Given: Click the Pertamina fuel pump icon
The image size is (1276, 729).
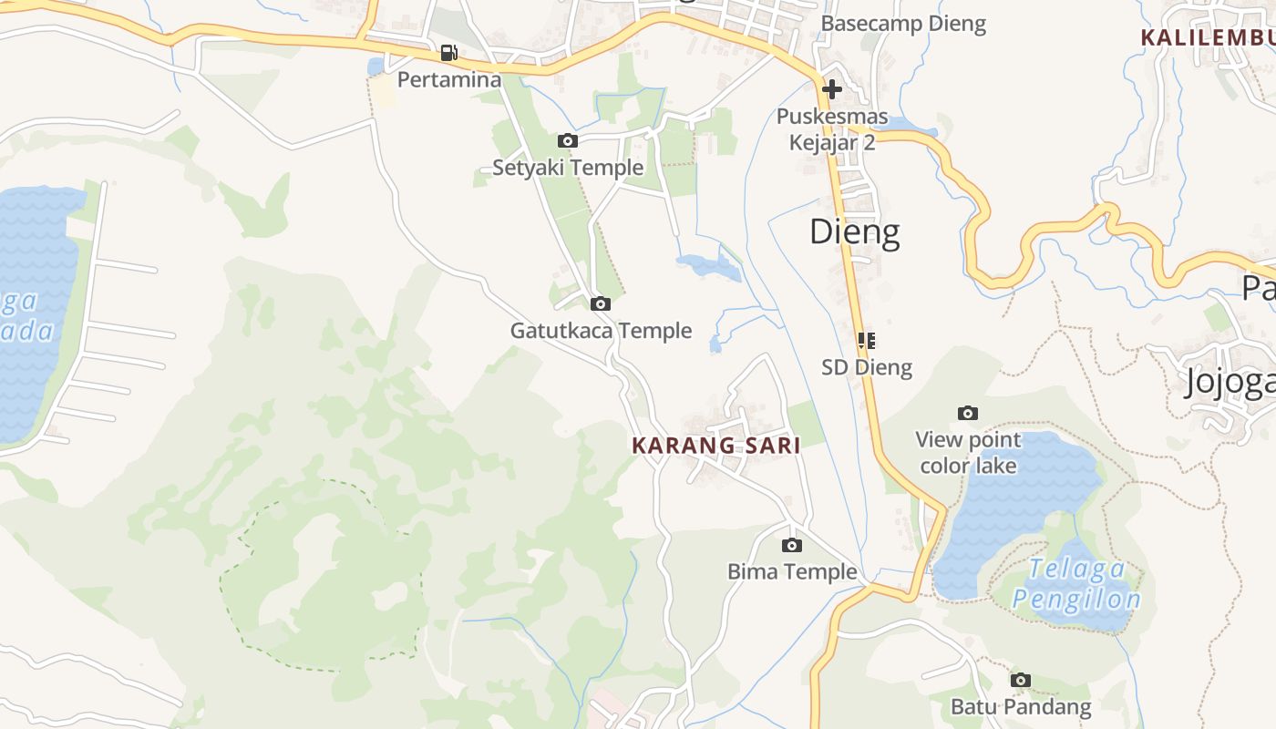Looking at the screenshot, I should [x=448, y=53].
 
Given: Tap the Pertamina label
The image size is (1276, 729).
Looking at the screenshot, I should [x=449, y=80].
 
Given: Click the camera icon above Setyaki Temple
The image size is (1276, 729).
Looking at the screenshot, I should [x=568, y=140].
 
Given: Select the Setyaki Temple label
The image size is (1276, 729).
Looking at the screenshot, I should [x=568, y=168].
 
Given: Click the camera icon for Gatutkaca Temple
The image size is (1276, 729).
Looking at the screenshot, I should [x=601, y=303].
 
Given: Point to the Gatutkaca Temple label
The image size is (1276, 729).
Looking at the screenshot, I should [x=601, y=331].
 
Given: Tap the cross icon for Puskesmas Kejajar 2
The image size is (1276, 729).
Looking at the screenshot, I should [x=831, y=89].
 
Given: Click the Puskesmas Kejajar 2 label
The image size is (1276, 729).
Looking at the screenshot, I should [x=831, y=129].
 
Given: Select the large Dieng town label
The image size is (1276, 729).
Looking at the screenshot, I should [x=855, y=232].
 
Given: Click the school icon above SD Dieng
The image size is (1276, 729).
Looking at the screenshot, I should [x=866, y=341].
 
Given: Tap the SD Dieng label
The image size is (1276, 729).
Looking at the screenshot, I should [x=866, y=367].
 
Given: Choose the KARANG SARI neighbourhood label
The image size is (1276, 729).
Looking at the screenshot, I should [x=716, y=446].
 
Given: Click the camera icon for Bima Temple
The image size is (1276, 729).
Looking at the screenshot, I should [x=792, y=545].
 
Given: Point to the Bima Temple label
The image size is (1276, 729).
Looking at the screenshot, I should [x=792, y=572].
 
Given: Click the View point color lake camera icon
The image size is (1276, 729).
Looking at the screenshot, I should [x=968, y=414].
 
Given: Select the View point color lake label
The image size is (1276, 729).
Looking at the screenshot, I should [x=968, y=453].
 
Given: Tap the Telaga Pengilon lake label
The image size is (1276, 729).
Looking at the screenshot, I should [x=1076, y=584].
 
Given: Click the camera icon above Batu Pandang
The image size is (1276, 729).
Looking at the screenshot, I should [x=1021, y=680].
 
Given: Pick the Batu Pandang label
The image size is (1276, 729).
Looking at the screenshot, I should [x=1021, y=707].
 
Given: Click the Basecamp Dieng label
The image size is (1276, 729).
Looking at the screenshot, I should [x=903, y=24].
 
